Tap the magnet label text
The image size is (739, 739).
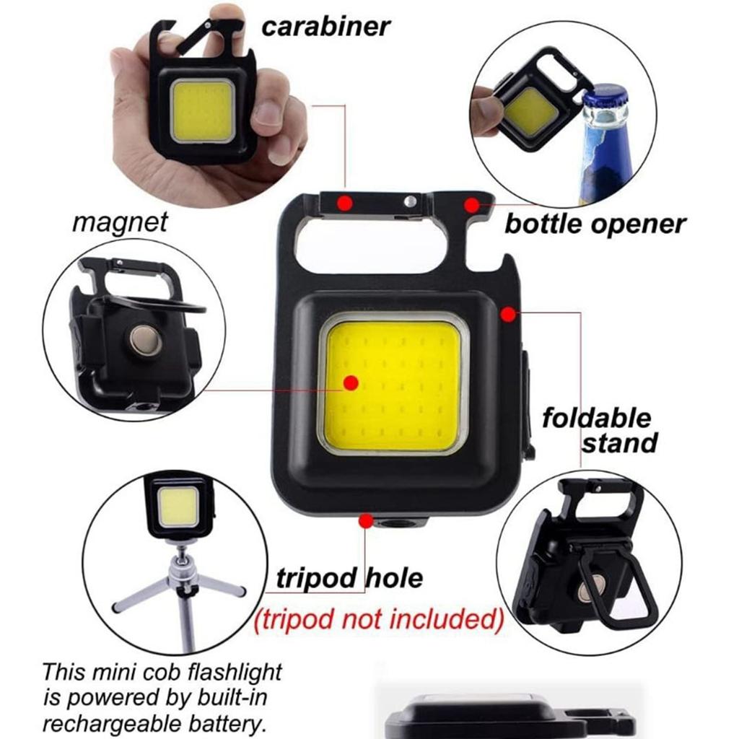pos(119,222)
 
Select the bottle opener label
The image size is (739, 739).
pos(595,224)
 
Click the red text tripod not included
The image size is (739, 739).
pos(377,618)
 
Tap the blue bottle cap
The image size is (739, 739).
pos(604,96)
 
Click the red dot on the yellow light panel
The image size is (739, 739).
pos(351,382)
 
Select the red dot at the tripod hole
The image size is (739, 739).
pos(367,520)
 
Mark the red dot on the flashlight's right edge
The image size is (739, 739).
pos(508,314)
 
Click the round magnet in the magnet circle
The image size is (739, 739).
pos(145,340)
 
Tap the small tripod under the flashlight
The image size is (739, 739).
pos(180,585)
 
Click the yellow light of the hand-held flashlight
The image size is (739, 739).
pos(203,111)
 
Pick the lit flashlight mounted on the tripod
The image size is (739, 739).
pos(178,505)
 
